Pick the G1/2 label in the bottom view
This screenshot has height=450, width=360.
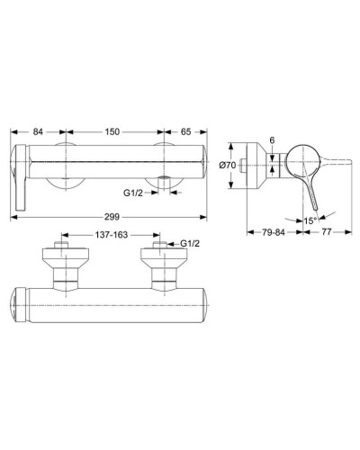point(190,244)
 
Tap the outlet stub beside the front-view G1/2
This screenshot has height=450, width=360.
point(162,186)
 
